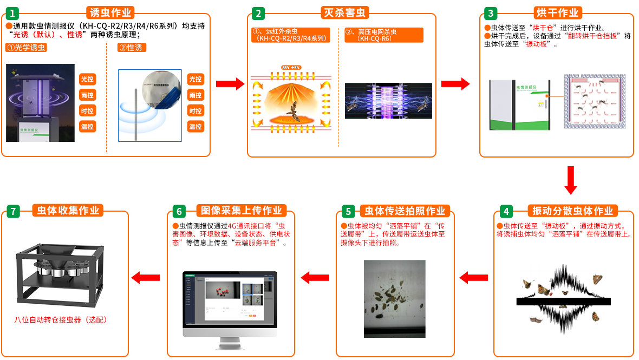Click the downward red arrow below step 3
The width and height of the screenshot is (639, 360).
click(570, 180)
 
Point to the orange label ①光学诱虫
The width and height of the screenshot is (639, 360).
click(27, 48)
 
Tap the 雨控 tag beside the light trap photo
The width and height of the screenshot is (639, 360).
click(87, 95)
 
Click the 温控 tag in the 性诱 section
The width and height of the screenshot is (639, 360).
click(195, 127)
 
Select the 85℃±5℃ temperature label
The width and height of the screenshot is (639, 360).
click(291, 68)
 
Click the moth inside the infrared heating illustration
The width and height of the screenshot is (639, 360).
click(292, 111)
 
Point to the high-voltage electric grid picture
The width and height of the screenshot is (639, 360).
click(388, 101)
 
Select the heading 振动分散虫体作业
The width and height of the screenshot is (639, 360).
click(572, 211)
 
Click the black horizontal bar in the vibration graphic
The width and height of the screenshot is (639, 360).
click(563, 302)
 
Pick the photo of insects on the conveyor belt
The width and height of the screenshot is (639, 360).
click(394, 299)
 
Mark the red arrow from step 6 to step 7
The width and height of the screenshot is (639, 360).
click(146, 277)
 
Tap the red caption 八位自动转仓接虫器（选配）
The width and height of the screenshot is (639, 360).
click(61, 320)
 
